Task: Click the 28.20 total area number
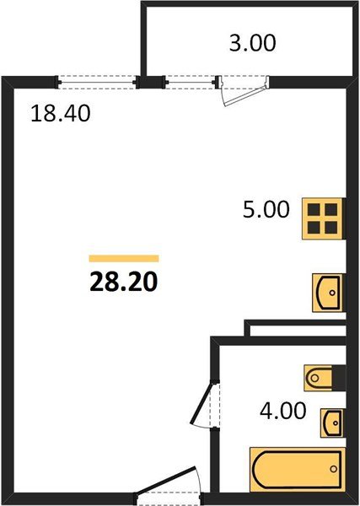click(123, 279)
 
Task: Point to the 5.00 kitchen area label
click(267, 209)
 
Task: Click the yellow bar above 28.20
click(124, 258)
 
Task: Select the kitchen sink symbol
click(328, 292)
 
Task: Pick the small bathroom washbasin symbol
click(334, 421)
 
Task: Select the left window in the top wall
click(97, 82)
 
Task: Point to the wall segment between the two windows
click(149, 82)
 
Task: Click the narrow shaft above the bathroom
click(295, 331)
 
